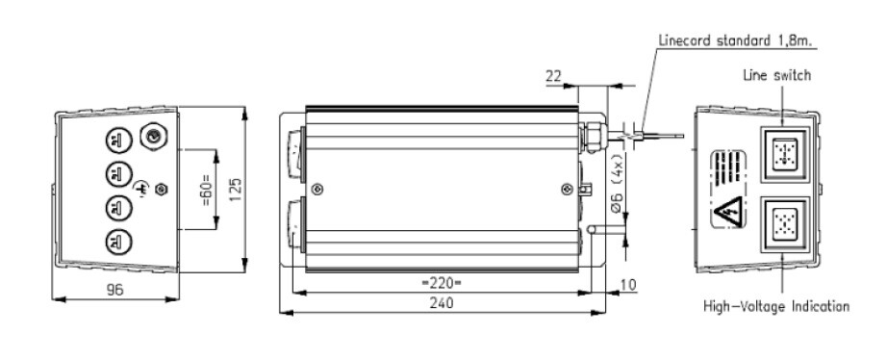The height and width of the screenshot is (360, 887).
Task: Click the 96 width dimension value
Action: click(x=114, y=290)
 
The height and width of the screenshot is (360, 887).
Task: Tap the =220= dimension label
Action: click(x=442, y=282)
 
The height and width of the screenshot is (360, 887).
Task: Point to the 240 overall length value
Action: click(x=442, y=303)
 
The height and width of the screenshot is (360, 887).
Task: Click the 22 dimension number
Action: click(x=554, y=76)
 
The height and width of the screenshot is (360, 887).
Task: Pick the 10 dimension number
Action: click(x=629, y=284)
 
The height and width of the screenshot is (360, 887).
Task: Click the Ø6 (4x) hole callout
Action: click(x=618, y=184)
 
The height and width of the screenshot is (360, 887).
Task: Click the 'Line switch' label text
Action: click(x=776, y=75)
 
